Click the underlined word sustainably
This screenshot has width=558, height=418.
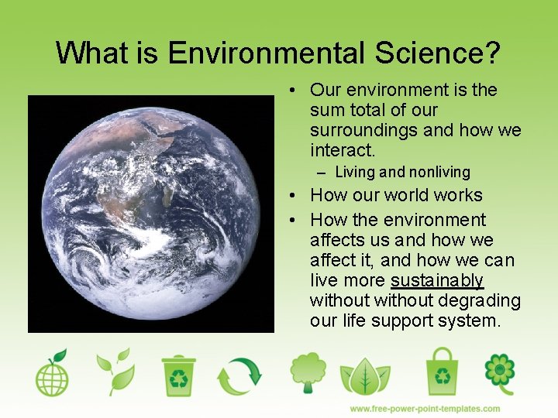point(437,280)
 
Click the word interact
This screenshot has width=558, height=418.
point(343,150)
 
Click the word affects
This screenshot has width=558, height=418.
point(339,240)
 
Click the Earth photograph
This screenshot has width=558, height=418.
point(150,214)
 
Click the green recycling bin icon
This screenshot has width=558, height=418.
point(178,375)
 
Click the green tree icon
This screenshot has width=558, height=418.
point(308,372)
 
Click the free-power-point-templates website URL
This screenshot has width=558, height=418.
point(425,409)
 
